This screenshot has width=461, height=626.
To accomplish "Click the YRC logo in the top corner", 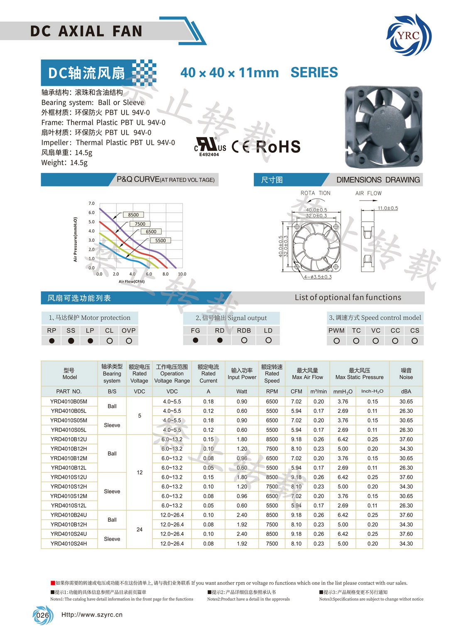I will (x=409, y=35).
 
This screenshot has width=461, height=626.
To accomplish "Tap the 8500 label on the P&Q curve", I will (x=133, y=215).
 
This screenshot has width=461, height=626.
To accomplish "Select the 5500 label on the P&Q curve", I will (x=160, y=241).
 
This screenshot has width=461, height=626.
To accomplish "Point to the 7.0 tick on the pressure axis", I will (x=91, y=204).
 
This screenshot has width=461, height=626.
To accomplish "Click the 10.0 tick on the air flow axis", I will (x=182, y=274).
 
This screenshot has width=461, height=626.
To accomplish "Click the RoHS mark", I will (x=278, y=147).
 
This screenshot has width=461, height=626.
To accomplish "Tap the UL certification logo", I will (x=210, y=146).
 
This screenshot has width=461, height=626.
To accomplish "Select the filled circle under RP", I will (x=51, y=341).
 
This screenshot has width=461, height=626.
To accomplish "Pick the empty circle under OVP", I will (x=129, y=341).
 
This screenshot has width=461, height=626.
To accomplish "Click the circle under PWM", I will (x=336, y=341).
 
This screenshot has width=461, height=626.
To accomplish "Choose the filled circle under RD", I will (x=220, y=340).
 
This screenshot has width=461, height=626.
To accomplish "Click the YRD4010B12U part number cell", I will (x=69, y=439).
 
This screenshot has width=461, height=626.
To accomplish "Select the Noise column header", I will (x=406, y=373).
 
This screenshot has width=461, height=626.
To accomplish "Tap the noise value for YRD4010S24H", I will (x=406, y=543).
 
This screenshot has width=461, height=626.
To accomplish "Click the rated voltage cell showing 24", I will (x=140, y=530).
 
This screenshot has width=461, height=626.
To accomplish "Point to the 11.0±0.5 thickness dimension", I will (x=387, y=208).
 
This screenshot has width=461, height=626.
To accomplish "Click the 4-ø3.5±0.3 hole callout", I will (x=318, y=277).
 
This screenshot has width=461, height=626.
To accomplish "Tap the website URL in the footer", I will (x=92, y=615).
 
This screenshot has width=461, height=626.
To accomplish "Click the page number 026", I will (x=42, y=615).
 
